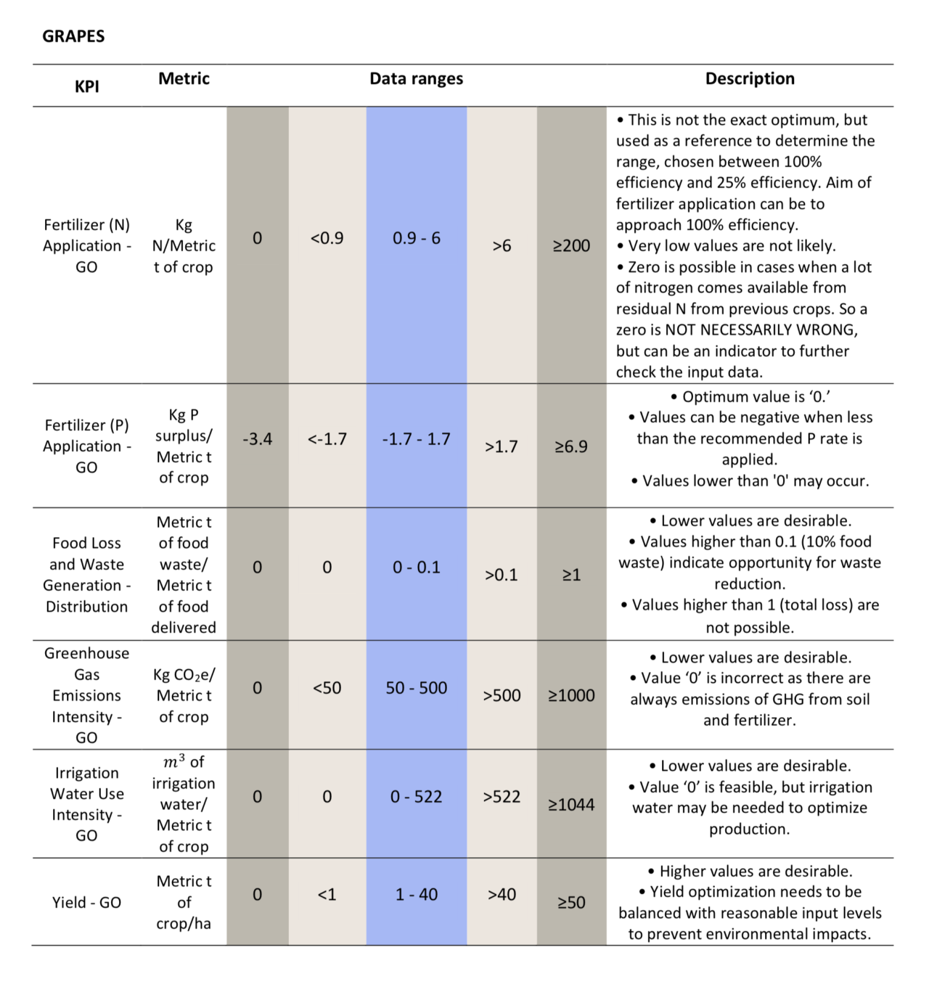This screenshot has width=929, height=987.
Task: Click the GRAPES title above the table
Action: coord(73,36)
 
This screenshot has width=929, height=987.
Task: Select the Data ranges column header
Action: coord(416,78)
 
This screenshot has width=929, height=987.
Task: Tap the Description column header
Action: coord(750,78)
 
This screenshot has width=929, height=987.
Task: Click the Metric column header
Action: coord(184,78)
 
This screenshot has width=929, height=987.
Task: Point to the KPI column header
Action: coord(87,86)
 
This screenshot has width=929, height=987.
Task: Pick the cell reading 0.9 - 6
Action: coord(417,238)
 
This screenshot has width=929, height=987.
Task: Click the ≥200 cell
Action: coord(572,245)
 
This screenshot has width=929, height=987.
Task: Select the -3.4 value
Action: coord(258,439)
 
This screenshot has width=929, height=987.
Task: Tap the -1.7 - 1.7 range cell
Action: coord(417,439)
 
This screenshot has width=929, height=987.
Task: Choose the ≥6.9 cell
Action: coord(572,446)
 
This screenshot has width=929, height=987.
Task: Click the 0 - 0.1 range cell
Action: coord(417,567)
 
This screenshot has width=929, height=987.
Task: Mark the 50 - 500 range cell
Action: coord(417,688)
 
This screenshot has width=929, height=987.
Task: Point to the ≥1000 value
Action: coord(572,695)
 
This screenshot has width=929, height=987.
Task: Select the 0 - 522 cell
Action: coord(417,797)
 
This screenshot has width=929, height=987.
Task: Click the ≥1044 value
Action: coord(572,805)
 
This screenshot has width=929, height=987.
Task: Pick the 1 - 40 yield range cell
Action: coord(417,895)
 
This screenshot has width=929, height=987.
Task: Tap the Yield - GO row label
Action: coord(87,902)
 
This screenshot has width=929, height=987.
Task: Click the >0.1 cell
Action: coord(502,575)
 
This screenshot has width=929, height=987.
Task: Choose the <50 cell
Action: coord(327,688)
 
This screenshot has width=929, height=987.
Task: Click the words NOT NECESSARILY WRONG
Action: coord(761,330)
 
